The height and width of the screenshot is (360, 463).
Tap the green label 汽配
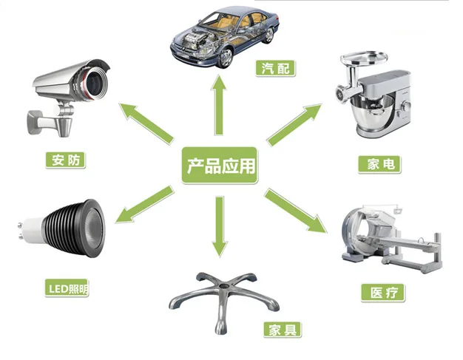coord(278,69)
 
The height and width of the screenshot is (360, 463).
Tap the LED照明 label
coord(67,287)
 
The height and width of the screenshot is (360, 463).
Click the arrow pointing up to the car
coord(219,103)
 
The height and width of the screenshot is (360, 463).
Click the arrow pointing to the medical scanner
coord(296,211)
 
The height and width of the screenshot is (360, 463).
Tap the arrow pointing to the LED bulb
coord(145,206)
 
